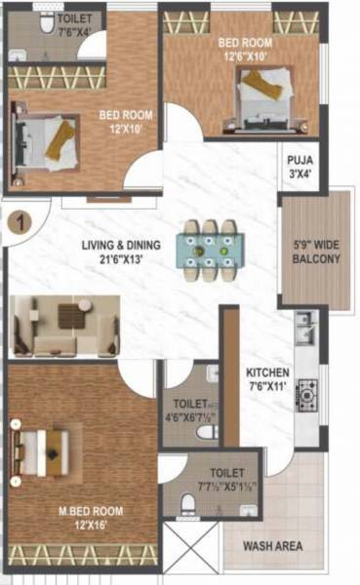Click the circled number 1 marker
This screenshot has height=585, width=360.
click(17, 222)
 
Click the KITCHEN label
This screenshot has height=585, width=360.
click(266, 373)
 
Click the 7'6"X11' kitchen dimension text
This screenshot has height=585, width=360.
click(266, 387)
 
